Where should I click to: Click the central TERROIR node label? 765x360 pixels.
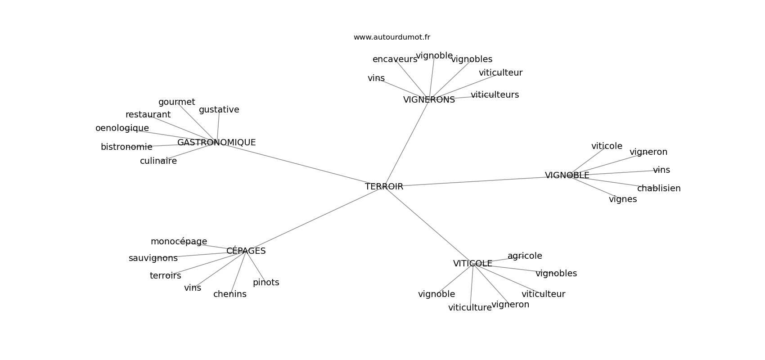click(384, 186)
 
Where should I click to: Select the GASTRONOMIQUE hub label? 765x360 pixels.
click(216, 143)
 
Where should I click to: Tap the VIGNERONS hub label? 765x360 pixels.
click(429, 100)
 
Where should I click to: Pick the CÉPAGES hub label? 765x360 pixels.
click(246, 251)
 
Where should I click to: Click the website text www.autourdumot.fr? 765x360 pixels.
click(391, 37)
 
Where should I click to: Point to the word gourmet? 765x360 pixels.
click(176, 102)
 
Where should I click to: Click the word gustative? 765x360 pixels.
click(219, 110)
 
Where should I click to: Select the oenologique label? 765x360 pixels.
click(122, 128)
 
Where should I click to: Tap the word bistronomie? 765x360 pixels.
click(126, 147)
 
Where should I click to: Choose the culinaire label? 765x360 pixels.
click(158, 161)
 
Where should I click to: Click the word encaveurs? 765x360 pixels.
click(395, 59)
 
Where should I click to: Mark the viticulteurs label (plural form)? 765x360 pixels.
click(495, 94)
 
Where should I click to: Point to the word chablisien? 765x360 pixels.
click(659, 188)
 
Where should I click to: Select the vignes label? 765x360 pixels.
click(623, 199)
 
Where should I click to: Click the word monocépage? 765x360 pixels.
click(179, 242)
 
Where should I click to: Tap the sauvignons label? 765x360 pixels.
click(153, 258)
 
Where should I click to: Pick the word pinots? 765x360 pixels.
click(266, 283)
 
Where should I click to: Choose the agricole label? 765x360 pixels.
click(525, 256)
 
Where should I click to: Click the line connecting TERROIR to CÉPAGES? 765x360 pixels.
click(313, 220)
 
